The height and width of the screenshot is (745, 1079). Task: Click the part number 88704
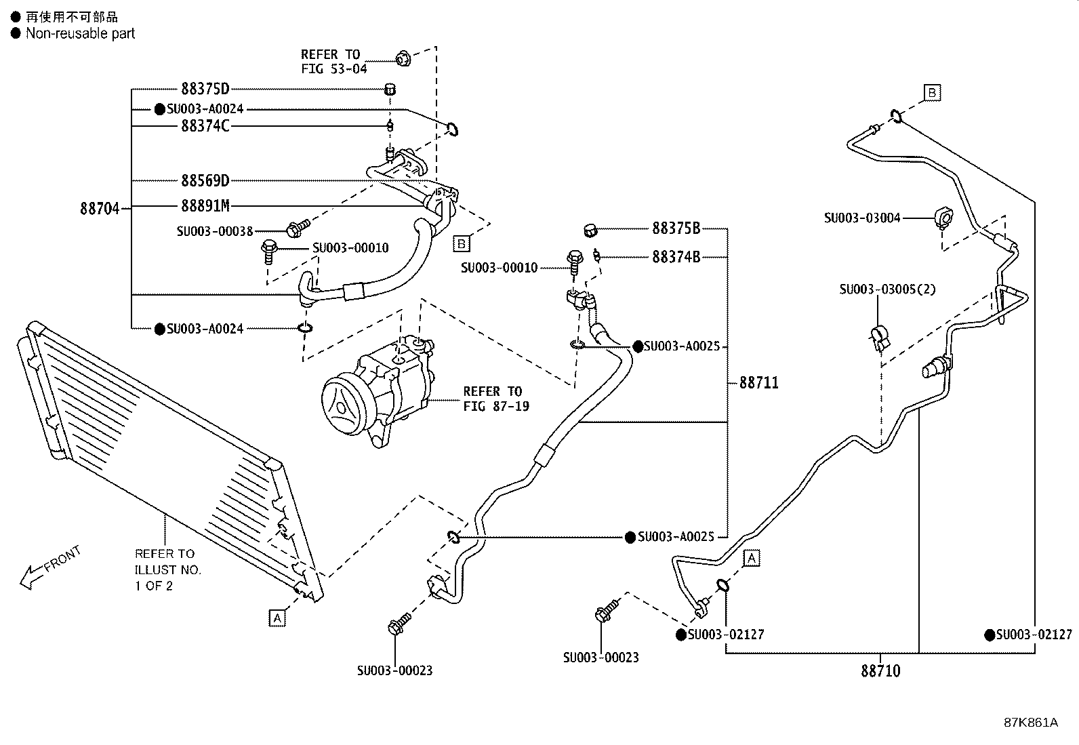[99, 209]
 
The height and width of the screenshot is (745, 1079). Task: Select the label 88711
[758, 383]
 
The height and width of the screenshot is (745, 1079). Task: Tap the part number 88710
[880, 671]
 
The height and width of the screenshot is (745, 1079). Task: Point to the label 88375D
[205, 89]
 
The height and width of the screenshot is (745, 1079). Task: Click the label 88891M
[205, 206]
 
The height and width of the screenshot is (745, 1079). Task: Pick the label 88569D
[205, 181]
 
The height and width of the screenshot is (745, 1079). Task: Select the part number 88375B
[676, 228]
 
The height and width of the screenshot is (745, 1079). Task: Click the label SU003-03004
[862, 218]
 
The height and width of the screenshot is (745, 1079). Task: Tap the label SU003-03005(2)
[887, 289]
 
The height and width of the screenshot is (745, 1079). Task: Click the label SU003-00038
[214, 231]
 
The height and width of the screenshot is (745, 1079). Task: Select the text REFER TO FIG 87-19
[495, 399]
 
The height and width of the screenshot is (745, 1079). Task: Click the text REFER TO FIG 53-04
[333, 62]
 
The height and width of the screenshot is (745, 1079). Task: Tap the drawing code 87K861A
[1030, 723]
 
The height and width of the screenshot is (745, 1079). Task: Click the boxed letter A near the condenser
[277, 618]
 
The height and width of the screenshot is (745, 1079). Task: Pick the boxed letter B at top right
[933, 93]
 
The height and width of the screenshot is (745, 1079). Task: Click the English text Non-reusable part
[80, 33]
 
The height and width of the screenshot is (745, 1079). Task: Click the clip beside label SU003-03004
[942, 218]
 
